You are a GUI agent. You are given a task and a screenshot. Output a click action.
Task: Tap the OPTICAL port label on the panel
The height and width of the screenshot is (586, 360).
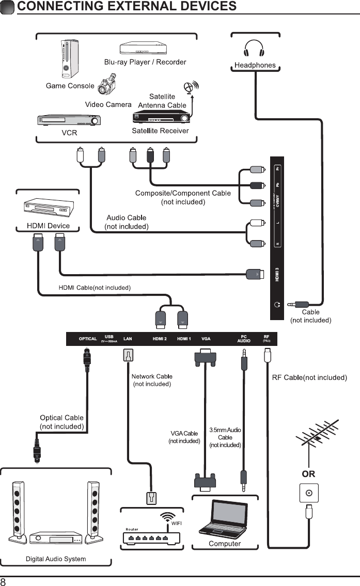[88, 339]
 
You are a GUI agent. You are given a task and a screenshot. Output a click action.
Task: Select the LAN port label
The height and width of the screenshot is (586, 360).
[128, 339]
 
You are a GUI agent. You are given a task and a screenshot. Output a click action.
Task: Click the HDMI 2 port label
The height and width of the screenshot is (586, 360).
[160, 339]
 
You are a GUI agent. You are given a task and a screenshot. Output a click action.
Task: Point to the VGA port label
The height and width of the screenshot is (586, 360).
[206, 339]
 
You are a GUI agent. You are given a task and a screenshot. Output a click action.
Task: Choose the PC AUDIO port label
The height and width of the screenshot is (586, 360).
[244, 339]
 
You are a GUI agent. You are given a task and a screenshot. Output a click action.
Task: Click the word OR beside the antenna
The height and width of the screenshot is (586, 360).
[308, 473]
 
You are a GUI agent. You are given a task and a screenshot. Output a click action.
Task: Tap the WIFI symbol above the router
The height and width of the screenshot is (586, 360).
[166, 516]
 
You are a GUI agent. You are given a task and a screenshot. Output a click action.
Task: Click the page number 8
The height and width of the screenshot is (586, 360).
[4, 581]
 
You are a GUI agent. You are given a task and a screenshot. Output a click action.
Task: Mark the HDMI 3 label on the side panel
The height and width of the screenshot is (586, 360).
[277, 273]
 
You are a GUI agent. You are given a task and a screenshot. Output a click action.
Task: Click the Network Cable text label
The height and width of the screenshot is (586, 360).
[152, 376]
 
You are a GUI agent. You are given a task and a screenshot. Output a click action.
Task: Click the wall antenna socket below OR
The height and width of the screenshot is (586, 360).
[309, 493]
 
